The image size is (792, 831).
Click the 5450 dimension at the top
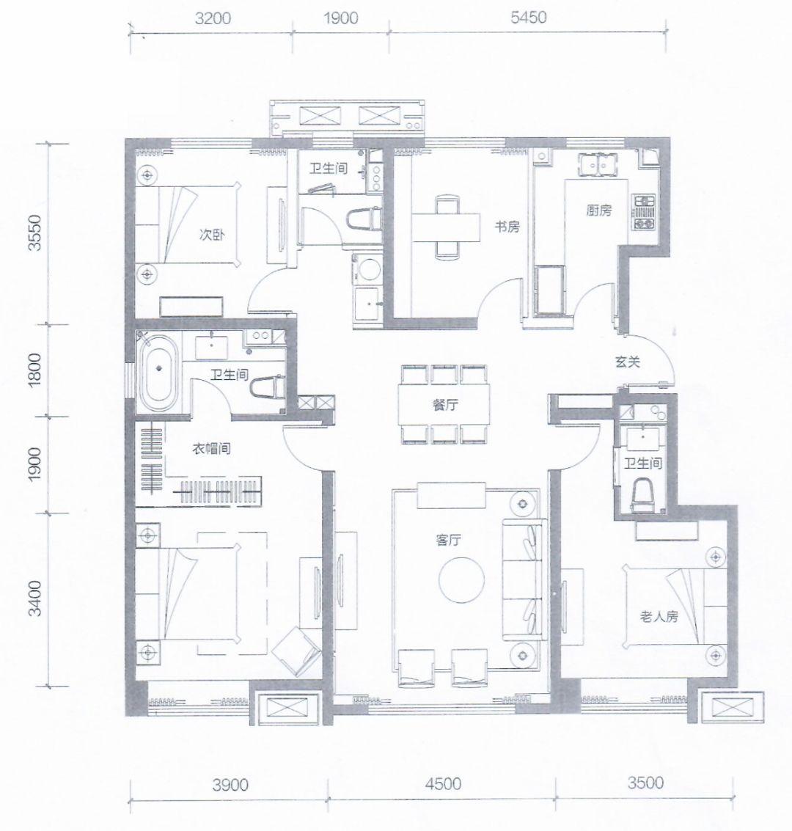coord(528,18)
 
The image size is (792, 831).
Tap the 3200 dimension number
coord(213,18)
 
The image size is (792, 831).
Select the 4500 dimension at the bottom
coord(443,784)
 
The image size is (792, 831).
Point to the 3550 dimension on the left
coord(34,233)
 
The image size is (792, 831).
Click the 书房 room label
coord(507,227)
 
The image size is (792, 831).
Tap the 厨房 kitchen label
coord(598,211)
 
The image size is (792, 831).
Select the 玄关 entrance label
coord(628,362)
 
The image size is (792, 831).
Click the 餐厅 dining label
coord(445,405)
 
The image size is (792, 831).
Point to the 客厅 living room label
coord(448,540)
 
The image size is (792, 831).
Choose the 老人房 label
coord(659,616)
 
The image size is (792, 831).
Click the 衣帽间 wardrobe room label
coord(211,449)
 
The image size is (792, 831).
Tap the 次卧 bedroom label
coord(211,234)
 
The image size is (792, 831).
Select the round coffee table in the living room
coord(461,579)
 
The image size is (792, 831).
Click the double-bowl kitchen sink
coord(598,164)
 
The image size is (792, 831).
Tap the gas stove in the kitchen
coord(644,212)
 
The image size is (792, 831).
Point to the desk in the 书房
coord(446,227)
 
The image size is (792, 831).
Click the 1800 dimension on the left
coord(34,370)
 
